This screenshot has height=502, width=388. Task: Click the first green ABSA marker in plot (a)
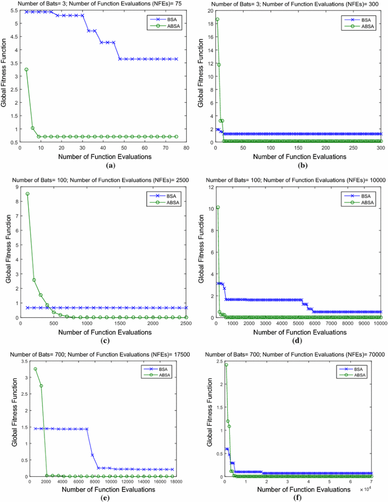26,70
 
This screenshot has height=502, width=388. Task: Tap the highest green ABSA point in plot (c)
27,194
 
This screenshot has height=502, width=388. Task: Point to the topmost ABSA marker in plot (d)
218,207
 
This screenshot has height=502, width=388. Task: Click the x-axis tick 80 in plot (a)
186,148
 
